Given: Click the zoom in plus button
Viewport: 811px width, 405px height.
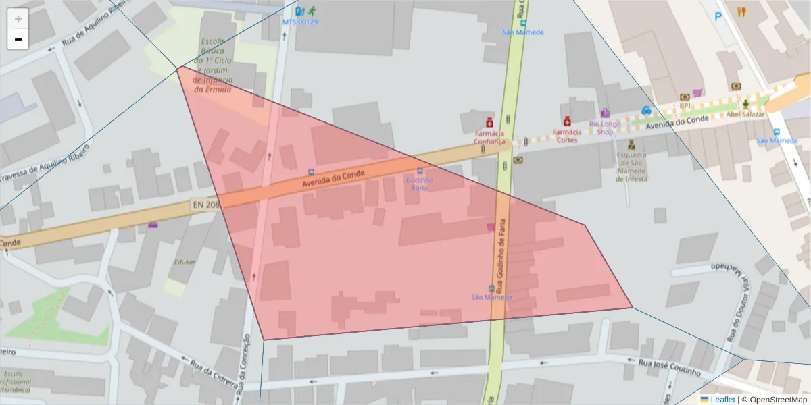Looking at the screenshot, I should click(18, 19).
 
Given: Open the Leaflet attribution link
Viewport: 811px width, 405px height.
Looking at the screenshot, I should click(722, 400).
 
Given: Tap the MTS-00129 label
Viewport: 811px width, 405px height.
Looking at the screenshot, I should click(299, 22).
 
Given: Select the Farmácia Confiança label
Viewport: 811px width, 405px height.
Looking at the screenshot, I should click(489, 138).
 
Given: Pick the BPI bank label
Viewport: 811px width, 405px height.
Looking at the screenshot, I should click(685, 105).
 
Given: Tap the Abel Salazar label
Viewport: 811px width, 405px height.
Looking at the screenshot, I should click(745, 114).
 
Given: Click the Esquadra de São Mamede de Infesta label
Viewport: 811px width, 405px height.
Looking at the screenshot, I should click(631, 167).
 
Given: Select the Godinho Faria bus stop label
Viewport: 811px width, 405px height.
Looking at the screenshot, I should click(420, 184).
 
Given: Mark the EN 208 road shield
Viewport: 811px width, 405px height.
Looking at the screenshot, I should click(205, 203).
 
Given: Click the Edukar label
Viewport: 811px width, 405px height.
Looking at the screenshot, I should click(184, 261).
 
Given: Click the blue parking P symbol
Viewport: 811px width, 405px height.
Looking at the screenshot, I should click(718, 16).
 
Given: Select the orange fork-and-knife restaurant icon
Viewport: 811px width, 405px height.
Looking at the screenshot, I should click(741, 11).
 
